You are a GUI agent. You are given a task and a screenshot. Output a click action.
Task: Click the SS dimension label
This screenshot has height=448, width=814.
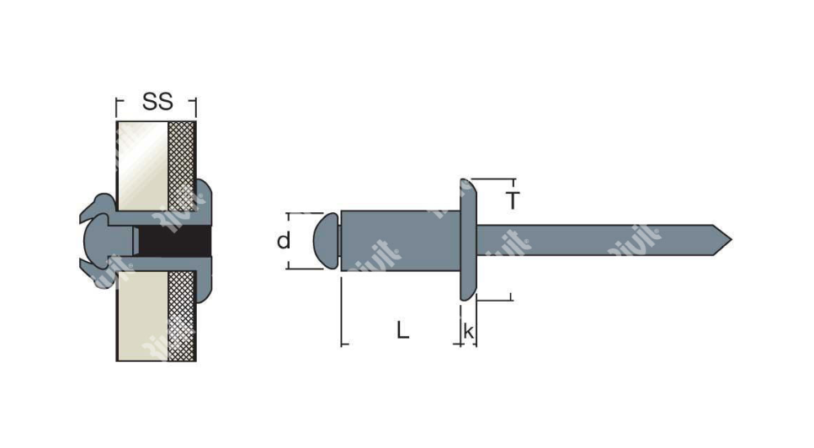[157, 102]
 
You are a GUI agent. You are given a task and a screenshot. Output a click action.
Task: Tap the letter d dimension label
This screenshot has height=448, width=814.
[284, 241]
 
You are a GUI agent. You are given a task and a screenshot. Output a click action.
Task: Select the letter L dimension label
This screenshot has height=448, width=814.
[403, 330]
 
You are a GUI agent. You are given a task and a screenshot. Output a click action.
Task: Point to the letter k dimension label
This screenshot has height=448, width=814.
[468, 331]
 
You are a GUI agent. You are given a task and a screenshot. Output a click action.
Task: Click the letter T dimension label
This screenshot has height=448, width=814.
[513, 200]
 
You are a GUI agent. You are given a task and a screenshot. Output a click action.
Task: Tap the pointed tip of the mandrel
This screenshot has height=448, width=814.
[732, 240]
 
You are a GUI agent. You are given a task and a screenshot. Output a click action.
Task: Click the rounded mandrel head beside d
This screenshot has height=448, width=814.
[326, 240]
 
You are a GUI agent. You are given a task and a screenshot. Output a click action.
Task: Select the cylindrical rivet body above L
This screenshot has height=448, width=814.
[400, 240]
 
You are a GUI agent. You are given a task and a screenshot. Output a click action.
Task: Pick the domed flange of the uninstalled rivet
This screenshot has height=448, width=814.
[468, 240]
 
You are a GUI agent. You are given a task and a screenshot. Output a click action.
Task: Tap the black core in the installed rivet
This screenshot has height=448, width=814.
[175, 241]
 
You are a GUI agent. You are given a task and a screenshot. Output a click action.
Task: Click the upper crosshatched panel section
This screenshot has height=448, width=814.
[182, 166]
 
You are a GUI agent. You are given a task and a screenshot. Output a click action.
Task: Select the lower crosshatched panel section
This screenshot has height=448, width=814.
[182, 316]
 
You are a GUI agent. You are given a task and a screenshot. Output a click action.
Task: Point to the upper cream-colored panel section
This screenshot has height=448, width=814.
[143, 166]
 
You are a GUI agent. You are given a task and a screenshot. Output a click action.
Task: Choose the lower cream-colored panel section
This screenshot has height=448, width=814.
[143, 316]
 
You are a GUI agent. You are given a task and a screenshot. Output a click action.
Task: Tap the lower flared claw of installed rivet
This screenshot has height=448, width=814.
[98, 274]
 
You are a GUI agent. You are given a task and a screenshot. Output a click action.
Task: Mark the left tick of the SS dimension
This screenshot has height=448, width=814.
[116, 107]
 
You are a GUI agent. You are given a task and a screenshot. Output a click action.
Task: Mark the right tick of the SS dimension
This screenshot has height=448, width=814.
[195, 107]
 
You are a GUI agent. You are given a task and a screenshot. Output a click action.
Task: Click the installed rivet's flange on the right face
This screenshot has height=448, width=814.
[204, 241]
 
